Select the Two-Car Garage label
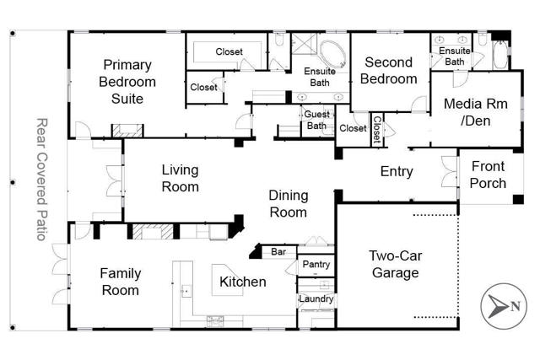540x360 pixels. tap(395, 265)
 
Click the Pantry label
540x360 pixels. tap(315, 265)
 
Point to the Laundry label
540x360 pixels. tap(316, 299)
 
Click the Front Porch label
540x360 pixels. tap(489, 175)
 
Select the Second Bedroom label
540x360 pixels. tap(389, 71)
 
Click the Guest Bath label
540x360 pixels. tap(316, 121)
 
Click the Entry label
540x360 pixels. tap(397, 172)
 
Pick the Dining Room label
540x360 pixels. tap(289, 204)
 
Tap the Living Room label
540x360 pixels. tap(181, 178)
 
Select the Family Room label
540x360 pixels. tap(120, 282)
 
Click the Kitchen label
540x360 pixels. tap(243, 282)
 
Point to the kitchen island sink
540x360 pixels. tap(187, 292)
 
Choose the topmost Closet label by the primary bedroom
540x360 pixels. tap(229, 52)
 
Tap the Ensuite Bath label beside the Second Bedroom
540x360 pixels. tap(454, 56)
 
